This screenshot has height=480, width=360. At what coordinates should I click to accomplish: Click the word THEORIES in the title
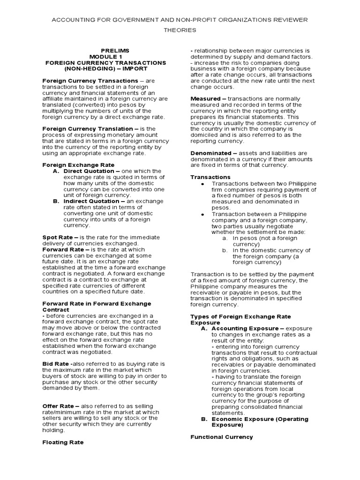coord(180,30)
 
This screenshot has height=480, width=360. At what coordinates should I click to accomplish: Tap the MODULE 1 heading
coord(112,56)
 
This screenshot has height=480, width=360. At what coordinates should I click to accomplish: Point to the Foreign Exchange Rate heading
coord(78,165)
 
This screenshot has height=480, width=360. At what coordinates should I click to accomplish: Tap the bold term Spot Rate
coord(58,238)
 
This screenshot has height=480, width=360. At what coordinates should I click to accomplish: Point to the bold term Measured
coord(206,99)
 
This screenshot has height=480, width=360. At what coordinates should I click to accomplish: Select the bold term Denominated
coord(211,153)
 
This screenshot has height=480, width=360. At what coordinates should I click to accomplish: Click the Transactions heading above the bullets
coord(210,177)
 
